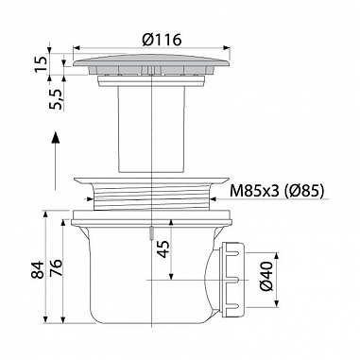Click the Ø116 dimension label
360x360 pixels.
coord(162,40)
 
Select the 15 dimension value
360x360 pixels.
coord(42,63)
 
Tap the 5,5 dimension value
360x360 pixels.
coord(57,99)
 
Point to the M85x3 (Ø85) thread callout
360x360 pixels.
coord(277,191)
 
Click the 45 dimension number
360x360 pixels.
coord(163,249)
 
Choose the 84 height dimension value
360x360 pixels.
coord(38,269)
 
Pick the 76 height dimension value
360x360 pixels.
coord(56,267)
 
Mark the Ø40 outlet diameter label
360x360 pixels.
coord(266,276)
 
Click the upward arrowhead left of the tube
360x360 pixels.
coord(55,137)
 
